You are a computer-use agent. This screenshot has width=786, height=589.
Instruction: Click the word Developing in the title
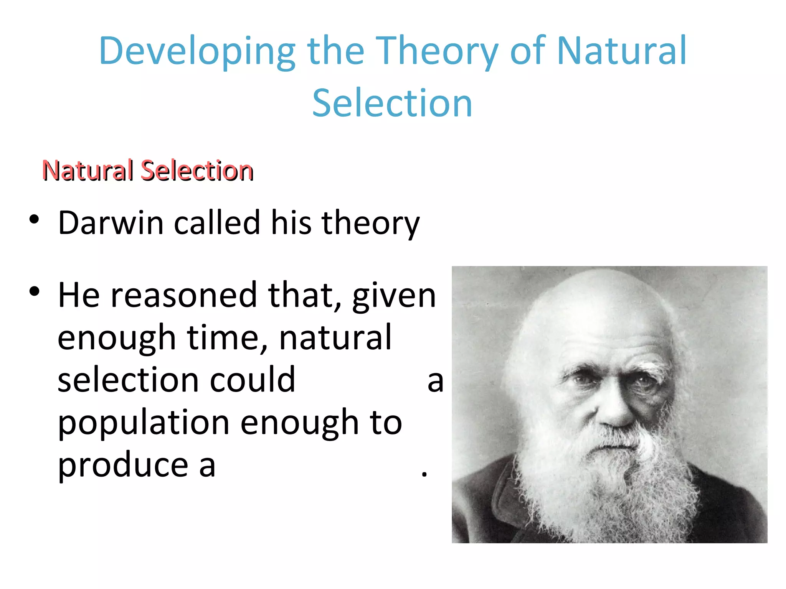[x=196, y=52]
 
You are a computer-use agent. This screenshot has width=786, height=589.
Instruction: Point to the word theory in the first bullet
[x=370, y=224]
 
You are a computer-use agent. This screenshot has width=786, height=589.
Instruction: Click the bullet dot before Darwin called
[x=34, y=220]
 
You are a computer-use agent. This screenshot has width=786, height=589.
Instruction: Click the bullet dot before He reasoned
[x=34, y=292]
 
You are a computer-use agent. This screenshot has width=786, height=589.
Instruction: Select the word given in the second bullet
[x=394, y=296]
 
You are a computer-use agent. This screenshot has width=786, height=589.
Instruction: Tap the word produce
[x=123, y=465]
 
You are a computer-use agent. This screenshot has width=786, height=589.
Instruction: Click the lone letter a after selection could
[x=436, y=381]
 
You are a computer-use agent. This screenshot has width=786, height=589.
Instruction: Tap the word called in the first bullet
[x=217, y=223]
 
